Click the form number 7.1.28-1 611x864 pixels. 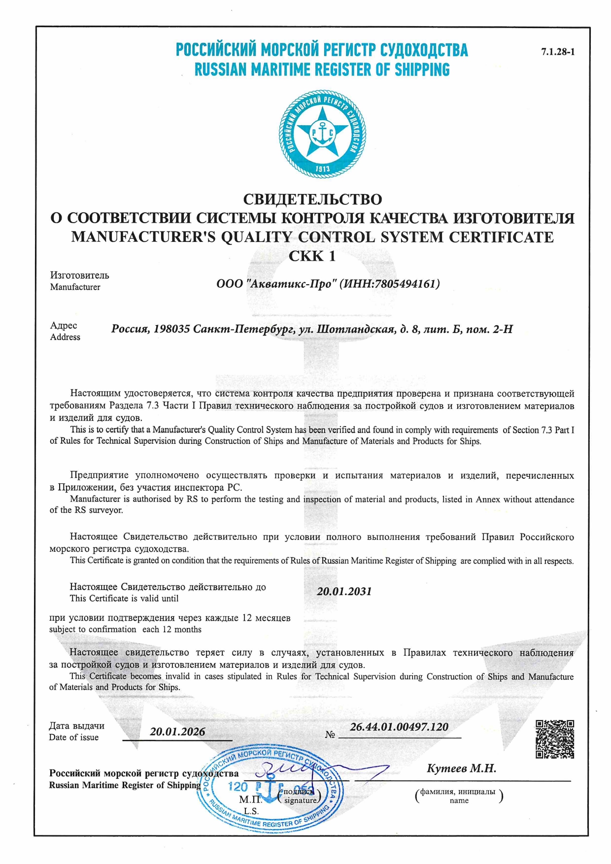pyautogui.click(x=558, y=52)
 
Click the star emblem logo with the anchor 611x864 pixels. pyautogui.click(x=322, y=133)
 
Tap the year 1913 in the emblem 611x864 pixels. pyautogui.click(x=322, y=169)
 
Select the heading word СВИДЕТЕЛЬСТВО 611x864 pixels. pyautogui.click(x=312, y=199)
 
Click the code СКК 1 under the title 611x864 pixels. pyautogui.click(x=312, y=256)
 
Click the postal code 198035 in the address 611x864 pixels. pyautogui.click(x=171, y=329)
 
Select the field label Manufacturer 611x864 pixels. pyautogui.click(x=75, y=287)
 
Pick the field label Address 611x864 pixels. pyautogui.click(x=65, y=337)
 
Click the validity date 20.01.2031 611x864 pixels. pyautogui.click(x=344, y=592)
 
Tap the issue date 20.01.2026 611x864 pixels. pyautogui.click(x=177, y=731)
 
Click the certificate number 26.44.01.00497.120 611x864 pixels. pyautogui.click(x=399, y=727)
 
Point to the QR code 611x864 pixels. pyautogui.click(x=555, y=739)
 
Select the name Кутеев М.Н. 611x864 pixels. pyautogui.click(x=461, y=768)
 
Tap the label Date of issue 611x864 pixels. pyautogui.click(x=73, y=737)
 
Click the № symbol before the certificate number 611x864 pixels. pyautogui.click(x=330, y=734)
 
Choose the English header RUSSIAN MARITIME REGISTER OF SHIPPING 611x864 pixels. pyautogui.click(x=322, y=69)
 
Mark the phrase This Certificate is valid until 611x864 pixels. pyautogui.click(x=124, y=598)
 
